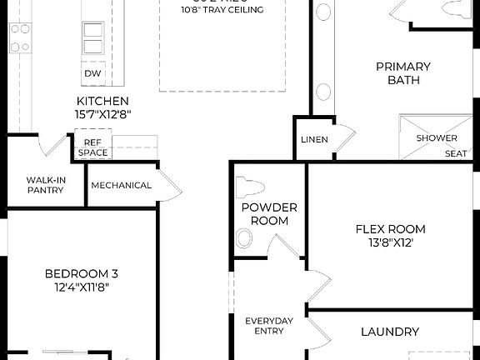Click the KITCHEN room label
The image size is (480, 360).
[x=102, y=100]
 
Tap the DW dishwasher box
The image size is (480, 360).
[x=93, y=73]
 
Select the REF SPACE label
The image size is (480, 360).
[x=92, y=147]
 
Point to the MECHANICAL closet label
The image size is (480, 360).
[x=121, y=185]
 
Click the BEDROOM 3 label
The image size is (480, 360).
[x=81, y=272]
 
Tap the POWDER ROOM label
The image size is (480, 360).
[x=264, y=214]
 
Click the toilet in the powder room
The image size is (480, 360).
[x=249, y=187]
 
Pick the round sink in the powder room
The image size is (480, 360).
[x=244, y=240]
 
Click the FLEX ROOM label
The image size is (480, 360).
[x=390, y=228]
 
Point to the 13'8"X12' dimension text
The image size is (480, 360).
[x=385, y=242]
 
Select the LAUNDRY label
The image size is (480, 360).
[x=389, y=332]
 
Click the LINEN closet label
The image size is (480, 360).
[x=314, y=139]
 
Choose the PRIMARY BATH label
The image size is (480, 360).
[x=402, y=73]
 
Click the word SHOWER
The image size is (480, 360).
[x=437, y=138]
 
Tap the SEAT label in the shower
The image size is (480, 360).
[x=455, y=153]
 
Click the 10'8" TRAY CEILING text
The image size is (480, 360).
[x=222, y=10]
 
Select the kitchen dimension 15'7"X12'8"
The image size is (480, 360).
[x=102, y=114]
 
